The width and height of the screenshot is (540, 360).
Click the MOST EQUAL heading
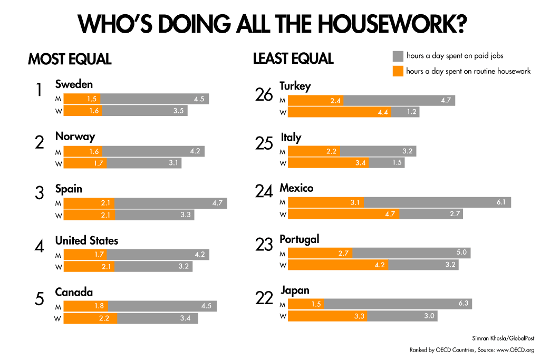coord(70,59)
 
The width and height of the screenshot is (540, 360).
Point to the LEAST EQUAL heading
coord(293,59)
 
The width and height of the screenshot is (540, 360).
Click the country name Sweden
coord(74,84)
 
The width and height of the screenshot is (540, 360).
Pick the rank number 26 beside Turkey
coord(264,95)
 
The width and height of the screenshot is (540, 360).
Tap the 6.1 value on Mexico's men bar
coord(501,202)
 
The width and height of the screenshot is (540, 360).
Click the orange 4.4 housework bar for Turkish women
coord(340,112)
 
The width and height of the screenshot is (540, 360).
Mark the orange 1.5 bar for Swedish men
coord(82,99)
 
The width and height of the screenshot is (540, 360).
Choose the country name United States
coord(86,241)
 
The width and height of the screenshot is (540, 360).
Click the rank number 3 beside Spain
coord(39,193)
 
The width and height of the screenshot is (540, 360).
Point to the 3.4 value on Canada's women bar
coord(185,318)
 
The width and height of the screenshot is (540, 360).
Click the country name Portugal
coord(299,239)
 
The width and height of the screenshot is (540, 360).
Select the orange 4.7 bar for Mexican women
coord(343,214)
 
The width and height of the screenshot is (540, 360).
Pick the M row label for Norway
coord(59,152)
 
